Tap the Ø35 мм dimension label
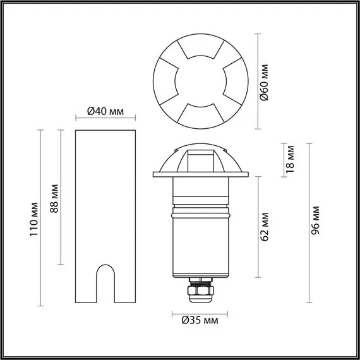(200, 321)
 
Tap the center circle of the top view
(200, 79)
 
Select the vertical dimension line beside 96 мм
(308, 221)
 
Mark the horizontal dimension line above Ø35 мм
(200, 313)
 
